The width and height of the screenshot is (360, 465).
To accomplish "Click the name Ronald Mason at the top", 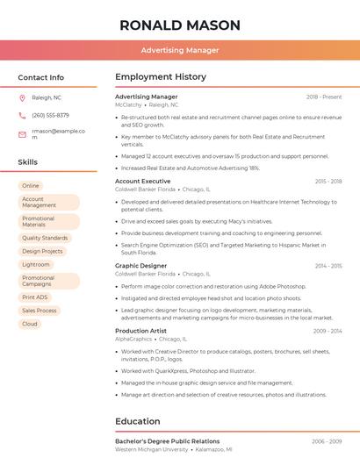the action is coord(180,25).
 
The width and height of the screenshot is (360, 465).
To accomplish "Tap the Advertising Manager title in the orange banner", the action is coord(180,51).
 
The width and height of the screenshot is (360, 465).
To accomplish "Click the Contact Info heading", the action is coord(41,78).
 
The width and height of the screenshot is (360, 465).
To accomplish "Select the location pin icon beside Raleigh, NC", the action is coord(22,98).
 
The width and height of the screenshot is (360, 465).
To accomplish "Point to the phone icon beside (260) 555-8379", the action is coord(22,116).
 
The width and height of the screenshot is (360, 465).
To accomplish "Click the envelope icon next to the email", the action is coord(22,134).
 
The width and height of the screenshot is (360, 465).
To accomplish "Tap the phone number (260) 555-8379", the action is coord(50,116).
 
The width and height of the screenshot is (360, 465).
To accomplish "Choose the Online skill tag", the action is coord(31,186).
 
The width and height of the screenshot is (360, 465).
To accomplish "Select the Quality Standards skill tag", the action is coord(45,238).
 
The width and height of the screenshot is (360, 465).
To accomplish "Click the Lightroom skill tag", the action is coord(36,264).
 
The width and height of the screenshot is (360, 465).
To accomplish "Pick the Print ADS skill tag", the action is coord(35,297).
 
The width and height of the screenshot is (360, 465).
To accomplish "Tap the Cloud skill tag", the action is coord(30,324).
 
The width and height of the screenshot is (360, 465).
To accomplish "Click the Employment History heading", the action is coord(161,77).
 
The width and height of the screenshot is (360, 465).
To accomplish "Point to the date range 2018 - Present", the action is coord(324,97).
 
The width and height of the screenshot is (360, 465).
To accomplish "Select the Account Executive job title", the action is coord(143,182).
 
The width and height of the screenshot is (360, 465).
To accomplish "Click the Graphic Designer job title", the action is coord(140,266).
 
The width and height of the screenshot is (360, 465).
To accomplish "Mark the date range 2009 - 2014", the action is coord(328,331).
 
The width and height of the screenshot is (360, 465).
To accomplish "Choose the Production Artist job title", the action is coord(141,331).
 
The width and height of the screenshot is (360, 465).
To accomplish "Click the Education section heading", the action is coord(138,421).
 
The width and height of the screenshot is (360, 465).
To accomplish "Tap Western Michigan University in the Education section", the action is coord(152,449).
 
